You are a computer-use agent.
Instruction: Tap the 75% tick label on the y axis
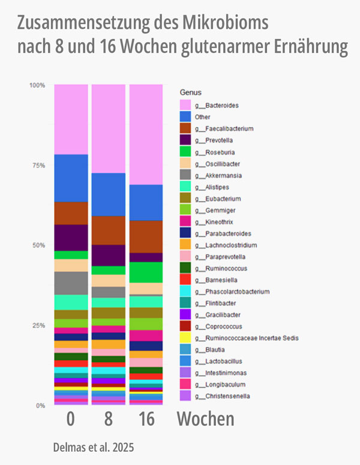point(37,165)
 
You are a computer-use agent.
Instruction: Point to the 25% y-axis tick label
point(37,325)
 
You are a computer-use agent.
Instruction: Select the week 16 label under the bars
point(145,419)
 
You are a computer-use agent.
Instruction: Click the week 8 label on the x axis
point(108,419)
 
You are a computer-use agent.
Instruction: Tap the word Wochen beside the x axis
point(205,419)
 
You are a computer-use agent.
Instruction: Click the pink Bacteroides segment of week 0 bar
point(71,119)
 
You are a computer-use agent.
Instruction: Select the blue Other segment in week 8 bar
point(108,194)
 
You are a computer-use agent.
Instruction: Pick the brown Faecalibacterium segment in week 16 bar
point(145,236)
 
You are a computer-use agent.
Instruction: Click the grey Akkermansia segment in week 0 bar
point(71,283)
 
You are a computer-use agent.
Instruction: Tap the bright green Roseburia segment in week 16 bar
point(145,272)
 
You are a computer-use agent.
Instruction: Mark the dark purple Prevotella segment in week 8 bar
point(108,255)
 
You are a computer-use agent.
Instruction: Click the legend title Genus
point(191,92)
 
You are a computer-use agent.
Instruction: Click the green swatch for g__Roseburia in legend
point(185,152)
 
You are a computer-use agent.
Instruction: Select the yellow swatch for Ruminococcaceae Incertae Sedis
point(185,338)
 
